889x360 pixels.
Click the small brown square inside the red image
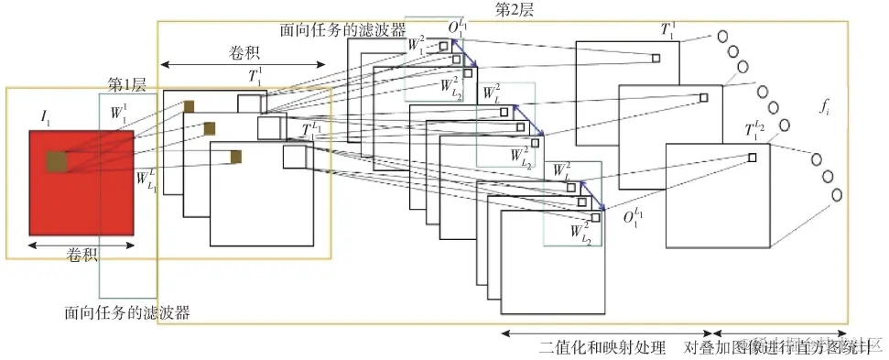tap(57, 161)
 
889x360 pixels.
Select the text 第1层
tap(127, 84)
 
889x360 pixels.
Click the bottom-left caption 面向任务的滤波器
tap(127, 312)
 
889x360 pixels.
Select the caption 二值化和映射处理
tap(605, 349)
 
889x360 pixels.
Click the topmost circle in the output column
tap(721, 37)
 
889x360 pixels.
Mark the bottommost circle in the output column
tap(836, 195)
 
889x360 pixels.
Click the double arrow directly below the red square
tap(82, 243)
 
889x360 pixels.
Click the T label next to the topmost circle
tap(667, 29)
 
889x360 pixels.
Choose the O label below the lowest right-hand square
tap(632, 218)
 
